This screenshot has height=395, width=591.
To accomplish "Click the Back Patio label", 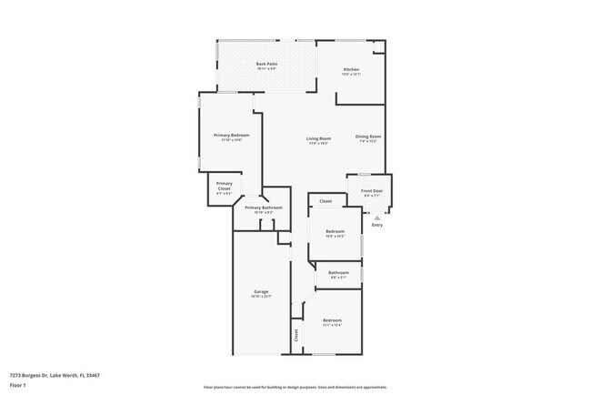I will (x=266, y=64).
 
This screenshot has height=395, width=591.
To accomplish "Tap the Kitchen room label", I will (x=351, y=70).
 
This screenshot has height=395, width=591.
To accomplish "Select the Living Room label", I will (x=317, y=137).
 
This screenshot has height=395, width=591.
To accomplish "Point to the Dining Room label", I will (x=368, y=137).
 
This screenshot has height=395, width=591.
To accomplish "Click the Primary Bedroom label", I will (x=231, y=135).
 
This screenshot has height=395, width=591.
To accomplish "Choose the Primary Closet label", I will (x=224, y=183).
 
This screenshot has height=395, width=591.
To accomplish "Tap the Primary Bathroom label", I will (x=264, y=208).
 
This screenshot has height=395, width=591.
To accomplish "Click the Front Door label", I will (x=372, y=191).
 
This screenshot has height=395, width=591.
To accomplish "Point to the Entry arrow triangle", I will (x=377, y=218).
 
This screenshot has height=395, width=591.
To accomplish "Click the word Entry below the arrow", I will (x=377, y=225).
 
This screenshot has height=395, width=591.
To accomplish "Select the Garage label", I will (x=261, y=291).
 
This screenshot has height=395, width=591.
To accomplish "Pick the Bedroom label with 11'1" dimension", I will (x=332, y=320).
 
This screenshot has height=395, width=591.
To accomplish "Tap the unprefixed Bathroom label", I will (x=338, y=272).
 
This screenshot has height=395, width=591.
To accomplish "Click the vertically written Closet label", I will (x=296, y=335).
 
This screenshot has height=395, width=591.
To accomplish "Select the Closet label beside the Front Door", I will (x=326, y=201).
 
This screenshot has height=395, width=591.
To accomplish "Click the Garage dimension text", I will (x=261, y=297).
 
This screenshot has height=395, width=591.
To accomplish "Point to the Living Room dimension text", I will (x=317, y=143).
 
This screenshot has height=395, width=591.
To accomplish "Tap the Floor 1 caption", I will (x=18, y=385).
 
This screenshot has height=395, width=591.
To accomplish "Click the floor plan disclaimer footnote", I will (x=295, y=387).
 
